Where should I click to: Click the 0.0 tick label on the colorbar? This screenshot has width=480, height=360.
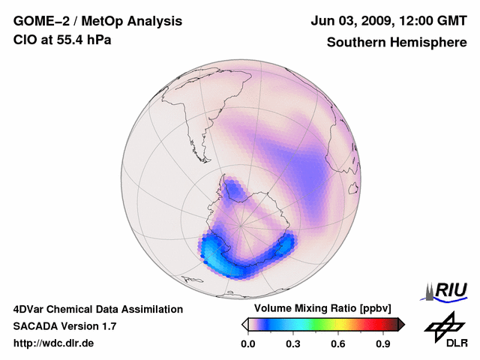(247, 343)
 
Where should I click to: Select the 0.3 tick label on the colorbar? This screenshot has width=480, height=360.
(293, 343)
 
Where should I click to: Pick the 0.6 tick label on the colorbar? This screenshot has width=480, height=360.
(338, 343)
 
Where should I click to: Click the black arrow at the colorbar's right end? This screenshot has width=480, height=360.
(401, 324)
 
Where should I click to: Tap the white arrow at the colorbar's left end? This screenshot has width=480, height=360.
(244, 324)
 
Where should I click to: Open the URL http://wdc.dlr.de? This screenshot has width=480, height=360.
(54, 343)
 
